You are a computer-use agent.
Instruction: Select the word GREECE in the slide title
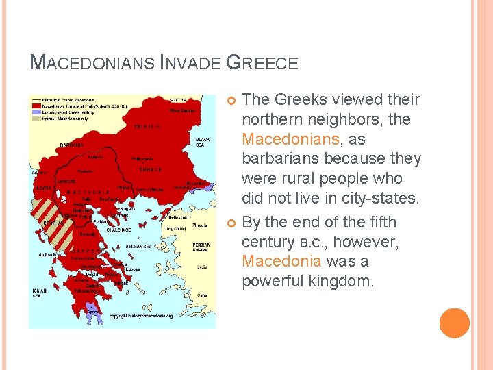262,63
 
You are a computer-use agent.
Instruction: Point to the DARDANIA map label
71,145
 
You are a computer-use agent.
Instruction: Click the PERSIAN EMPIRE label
201,247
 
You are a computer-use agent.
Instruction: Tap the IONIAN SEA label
39,293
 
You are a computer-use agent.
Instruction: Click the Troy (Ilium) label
175,228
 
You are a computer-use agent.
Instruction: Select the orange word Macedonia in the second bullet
281,261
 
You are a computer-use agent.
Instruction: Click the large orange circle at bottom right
455,323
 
